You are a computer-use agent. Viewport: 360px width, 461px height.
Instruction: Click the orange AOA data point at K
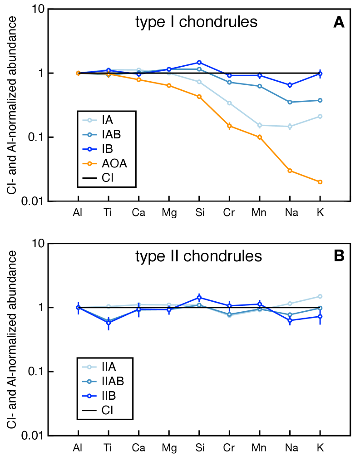click(320, 182)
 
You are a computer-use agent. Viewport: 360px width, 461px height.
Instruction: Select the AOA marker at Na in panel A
click(290, 171)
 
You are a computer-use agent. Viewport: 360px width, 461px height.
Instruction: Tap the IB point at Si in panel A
click(199, 63)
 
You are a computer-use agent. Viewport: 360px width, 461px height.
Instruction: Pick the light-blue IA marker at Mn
click(260, 125)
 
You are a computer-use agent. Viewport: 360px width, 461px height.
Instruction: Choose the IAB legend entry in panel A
click(105, 134)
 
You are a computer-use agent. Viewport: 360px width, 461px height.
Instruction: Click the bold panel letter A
click(339, 22)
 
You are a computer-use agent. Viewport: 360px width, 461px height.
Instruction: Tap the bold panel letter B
click(339, 256)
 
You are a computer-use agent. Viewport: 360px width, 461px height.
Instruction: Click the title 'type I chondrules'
click(197, 22)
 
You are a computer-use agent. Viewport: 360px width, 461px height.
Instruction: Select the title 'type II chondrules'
click(199, 256)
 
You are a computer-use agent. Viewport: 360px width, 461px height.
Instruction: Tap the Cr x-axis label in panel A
click(229, 212)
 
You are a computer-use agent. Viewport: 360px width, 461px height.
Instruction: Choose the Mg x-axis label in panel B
click(169, 447)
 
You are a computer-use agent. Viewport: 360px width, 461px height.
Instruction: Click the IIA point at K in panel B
click(320, 296)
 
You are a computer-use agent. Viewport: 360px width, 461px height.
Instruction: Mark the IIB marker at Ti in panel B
click(108, 323)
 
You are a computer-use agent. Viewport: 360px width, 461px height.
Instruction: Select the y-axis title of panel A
click(13, 105)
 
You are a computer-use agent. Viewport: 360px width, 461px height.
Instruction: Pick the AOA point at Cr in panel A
click(229, 126)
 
